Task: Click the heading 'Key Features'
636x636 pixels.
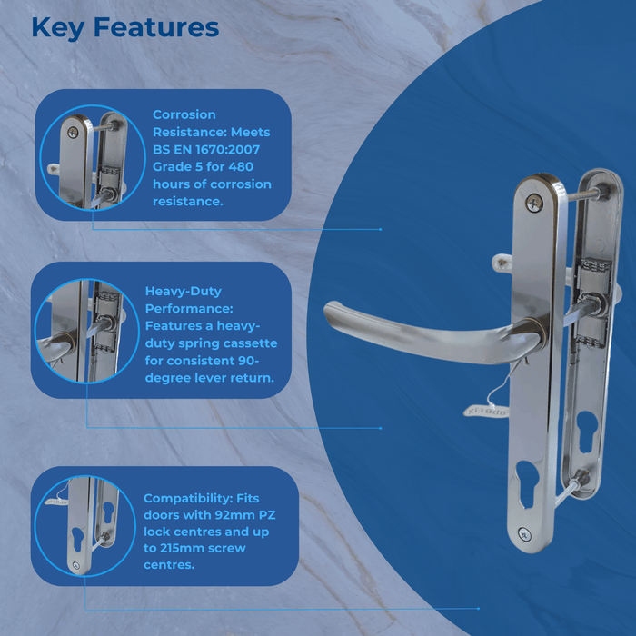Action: coord(124,27)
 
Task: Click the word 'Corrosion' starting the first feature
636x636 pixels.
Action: coord(184,114)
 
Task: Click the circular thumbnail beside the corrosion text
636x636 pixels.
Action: coord(93,158)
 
